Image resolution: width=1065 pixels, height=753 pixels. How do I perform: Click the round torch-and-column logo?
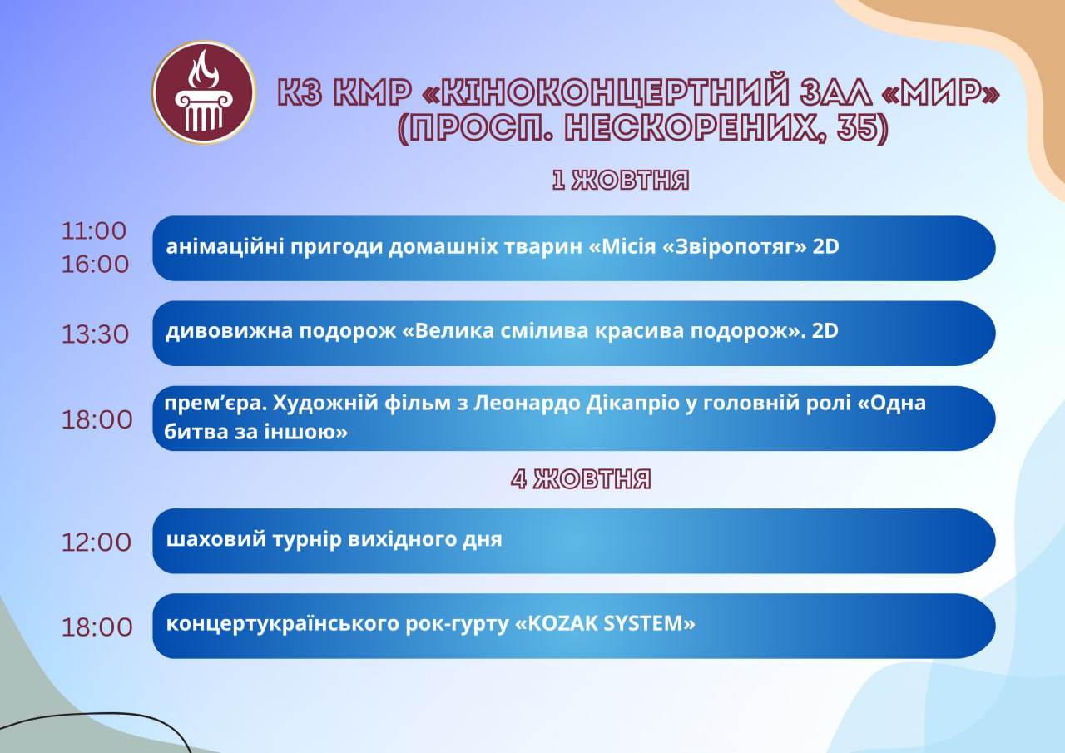pos(204,92)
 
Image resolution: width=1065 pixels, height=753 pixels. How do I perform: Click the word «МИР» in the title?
pos(940,92)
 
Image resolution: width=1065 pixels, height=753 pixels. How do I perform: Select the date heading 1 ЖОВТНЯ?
pos(621,181)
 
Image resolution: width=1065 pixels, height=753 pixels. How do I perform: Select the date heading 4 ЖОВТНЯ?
pos(581,478)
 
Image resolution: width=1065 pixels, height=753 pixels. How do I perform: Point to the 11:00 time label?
pos(94,231)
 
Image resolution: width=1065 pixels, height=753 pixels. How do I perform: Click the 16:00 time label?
pos(95,265)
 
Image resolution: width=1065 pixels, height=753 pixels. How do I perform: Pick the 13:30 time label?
pos(95,334)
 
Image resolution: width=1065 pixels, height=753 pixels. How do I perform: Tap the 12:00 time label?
pos(97,542)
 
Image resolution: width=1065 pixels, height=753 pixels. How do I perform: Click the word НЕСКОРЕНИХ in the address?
pos(695,128)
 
